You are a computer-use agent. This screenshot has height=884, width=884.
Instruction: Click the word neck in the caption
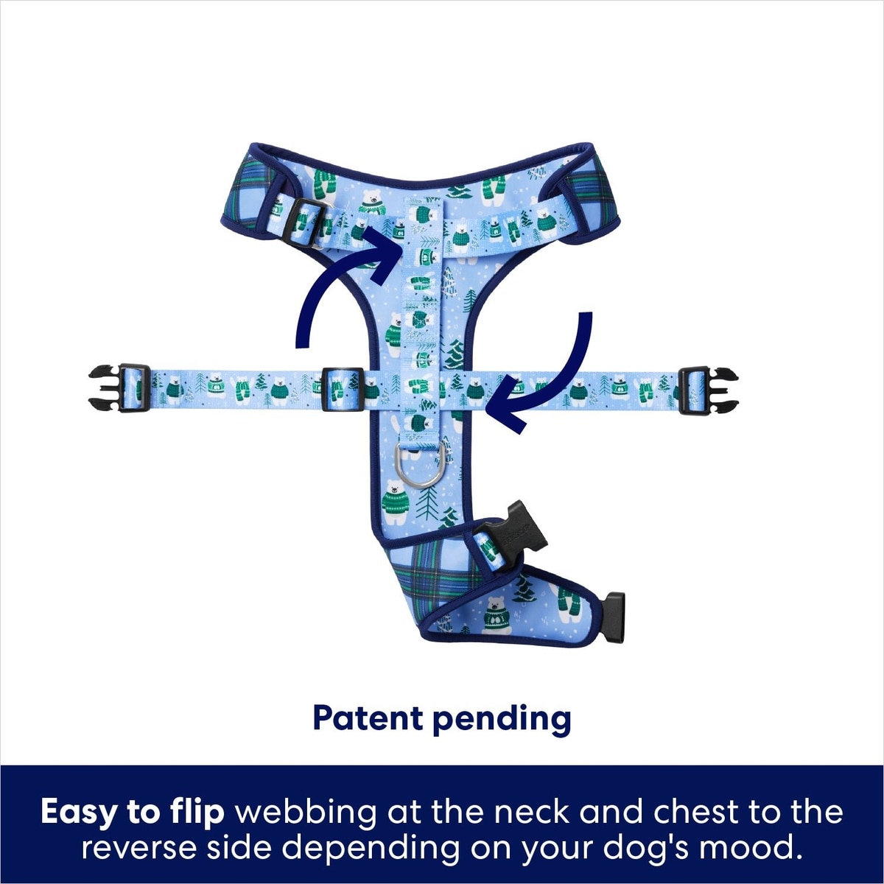coord(531,813)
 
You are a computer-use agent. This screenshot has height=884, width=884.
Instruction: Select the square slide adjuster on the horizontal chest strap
coord(342,389)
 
